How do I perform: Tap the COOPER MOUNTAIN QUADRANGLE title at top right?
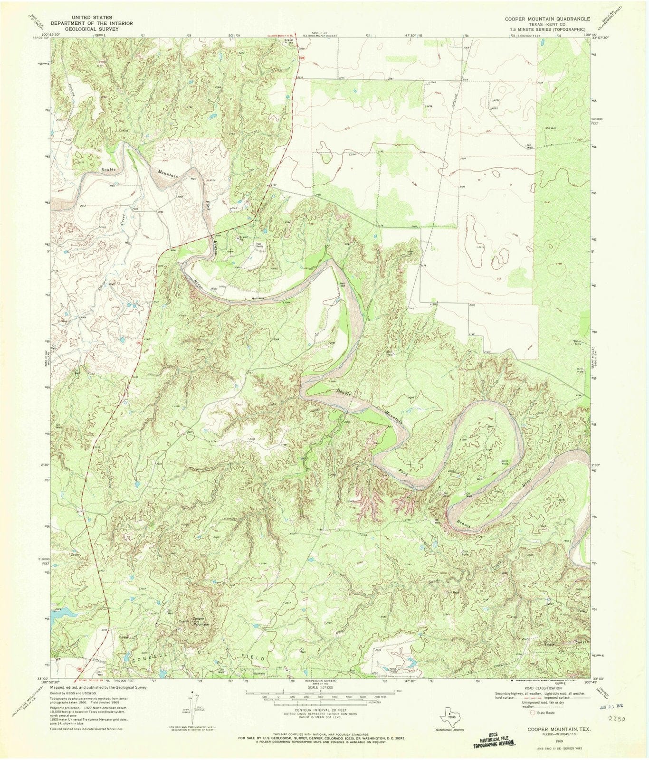pyautogui.click(x=544, y=19)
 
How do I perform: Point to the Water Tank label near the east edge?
pyautogui.click(x=577, y=342)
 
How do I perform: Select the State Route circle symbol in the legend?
pyautogui.click(x=533, y=712)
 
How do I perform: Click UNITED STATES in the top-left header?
pyautogui.click(x=91, y=17)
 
